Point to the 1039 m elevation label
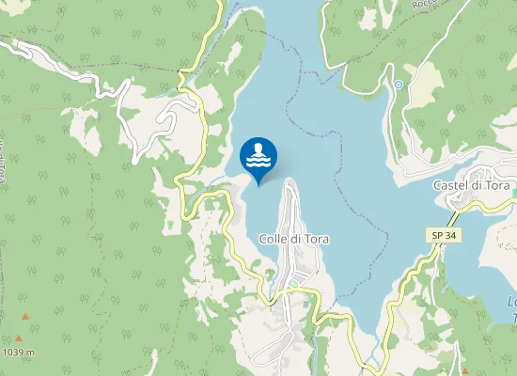(19, 352)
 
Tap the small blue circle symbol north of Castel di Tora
(399, 85)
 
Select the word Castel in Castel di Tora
(450, 186)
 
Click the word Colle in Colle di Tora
(274, 239)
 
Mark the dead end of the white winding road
(134, 160)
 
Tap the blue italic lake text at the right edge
(511, 310)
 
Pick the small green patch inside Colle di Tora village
(292, 283)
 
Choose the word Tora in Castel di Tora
(497, 186)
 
